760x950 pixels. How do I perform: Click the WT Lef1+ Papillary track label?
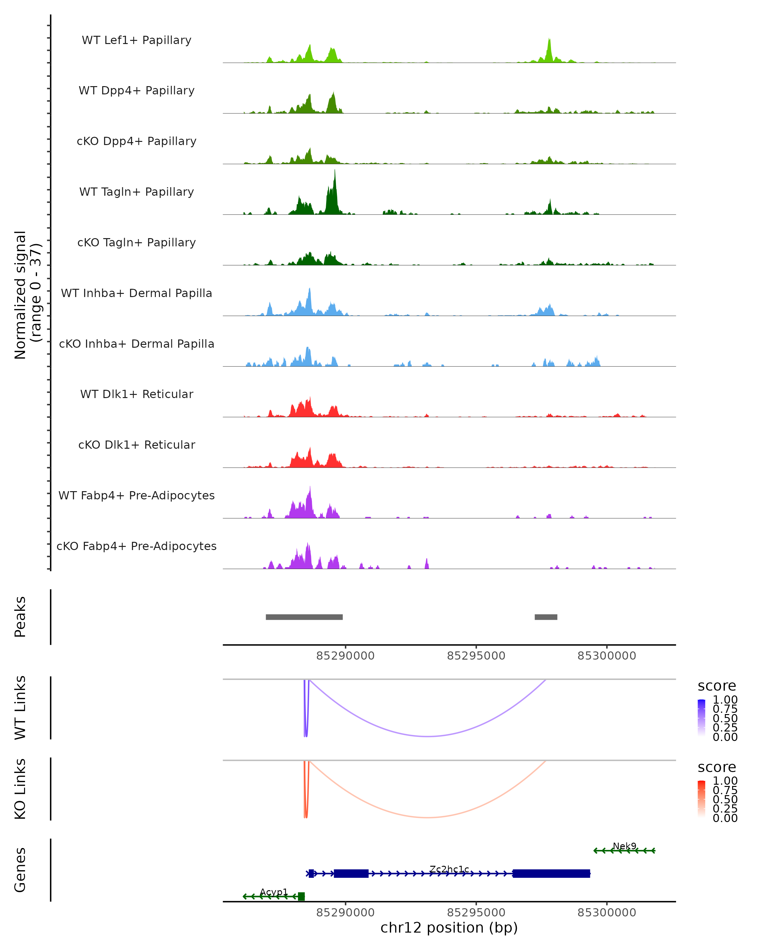point(136,40)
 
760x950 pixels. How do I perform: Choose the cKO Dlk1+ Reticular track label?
point(136,445)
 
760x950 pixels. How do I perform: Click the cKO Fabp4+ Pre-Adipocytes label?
point(136,546)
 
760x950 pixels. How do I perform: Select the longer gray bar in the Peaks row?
point(304,617)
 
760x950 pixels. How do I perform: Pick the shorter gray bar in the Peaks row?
point(546,617)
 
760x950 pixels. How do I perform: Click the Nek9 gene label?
point(624,846)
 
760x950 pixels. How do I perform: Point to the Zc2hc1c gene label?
point(449,869)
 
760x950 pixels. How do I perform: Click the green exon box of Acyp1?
point(301,896)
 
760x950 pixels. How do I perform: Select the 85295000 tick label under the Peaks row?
point(476,656)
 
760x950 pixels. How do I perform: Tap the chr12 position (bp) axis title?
point(449,928)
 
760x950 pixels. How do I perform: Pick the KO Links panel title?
point(20,789)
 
